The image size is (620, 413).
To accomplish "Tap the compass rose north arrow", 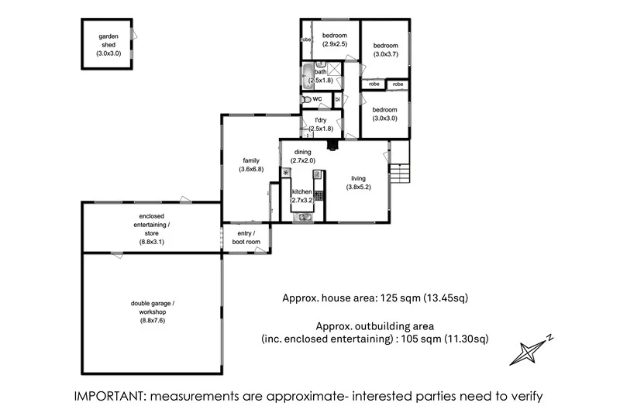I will (x=530, y=349).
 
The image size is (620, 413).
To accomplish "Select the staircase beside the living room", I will (x=398, y=173).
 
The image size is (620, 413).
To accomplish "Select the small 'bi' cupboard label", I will (x=337, y=100).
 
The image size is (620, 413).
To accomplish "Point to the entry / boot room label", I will (x=246, y=238).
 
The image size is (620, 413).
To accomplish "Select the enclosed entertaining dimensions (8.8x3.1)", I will (x=152, y=242).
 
